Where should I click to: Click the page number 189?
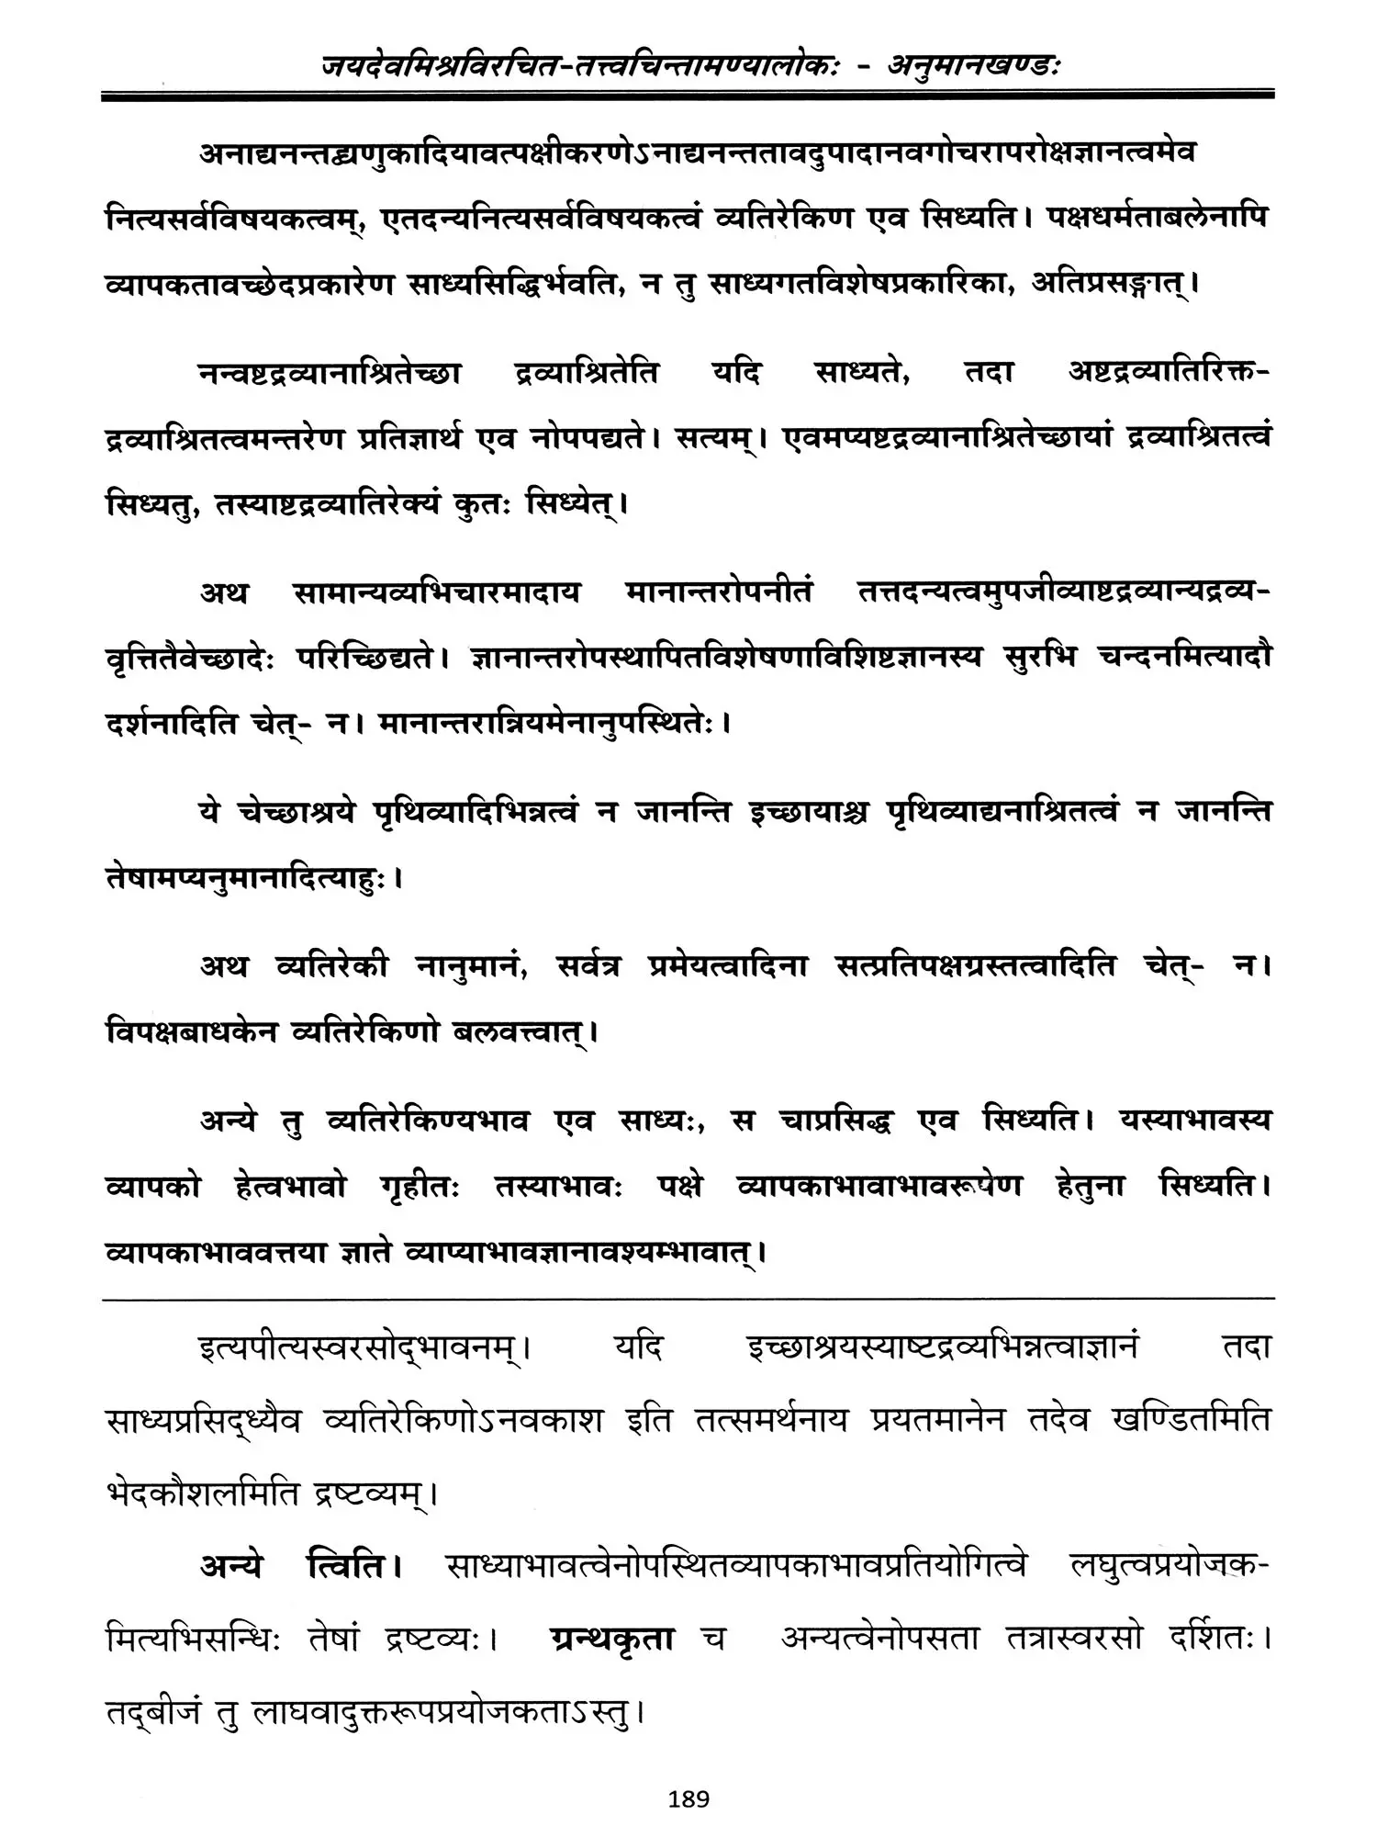[x=689, y=1798]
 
